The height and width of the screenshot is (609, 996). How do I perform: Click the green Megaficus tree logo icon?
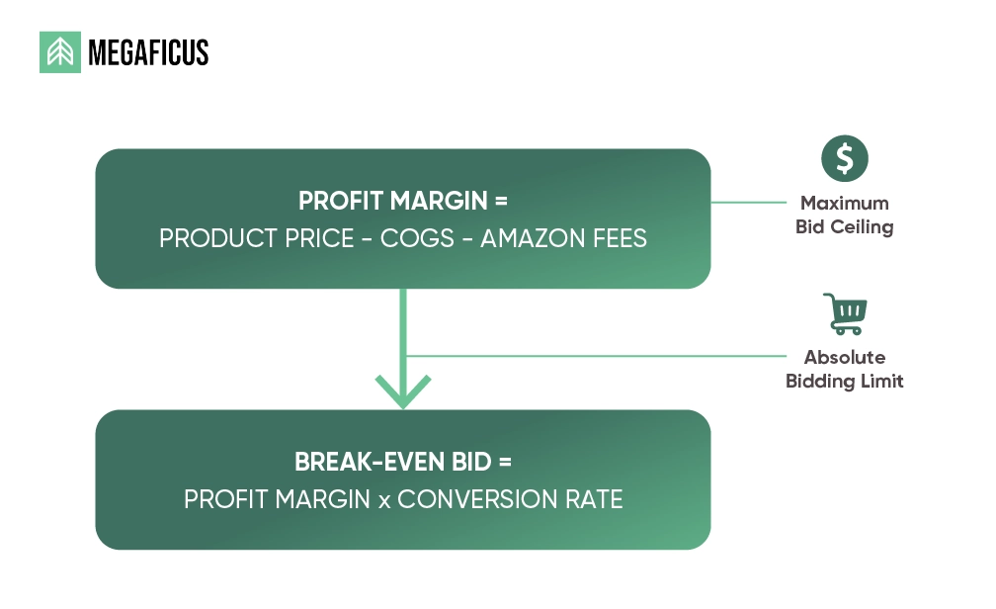point(60,52)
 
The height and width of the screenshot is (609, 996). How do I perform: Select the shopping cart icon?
point(845,313)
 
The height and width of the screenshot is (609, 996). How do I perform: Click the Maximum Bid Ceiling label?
point(845,215)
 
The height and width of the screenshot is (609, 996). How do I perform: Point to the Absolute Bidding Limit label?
point(845,369)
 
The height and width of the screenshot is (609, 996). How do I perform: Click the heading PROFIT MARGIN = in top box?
point(402,201)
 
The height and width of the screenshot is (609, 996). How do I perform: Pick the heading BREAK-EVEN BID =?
point(402,462)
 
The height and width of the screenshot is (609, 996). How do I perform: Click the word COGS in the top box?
point(410,238)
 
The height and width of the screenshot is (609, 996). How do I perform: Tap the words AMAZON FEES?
point(563,238)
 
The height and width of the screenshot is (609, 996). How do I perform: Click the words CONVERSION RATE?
point(510,499)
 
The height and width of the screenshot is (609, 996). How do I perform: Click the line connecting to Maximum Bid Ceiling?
point(751,203)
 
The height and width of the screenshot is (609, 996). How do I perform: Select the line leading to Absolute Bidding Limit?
point(593,356)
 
